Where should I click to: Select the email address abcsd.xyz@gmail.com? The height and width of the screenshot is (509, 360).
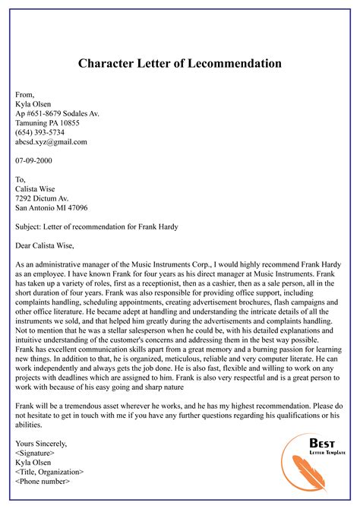(51, 142)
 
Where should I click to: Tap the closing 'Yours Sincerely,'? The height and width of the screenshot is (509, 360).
(41, 444)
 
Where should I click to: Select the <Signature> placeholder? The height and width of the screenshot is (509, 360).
(37, 454)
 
